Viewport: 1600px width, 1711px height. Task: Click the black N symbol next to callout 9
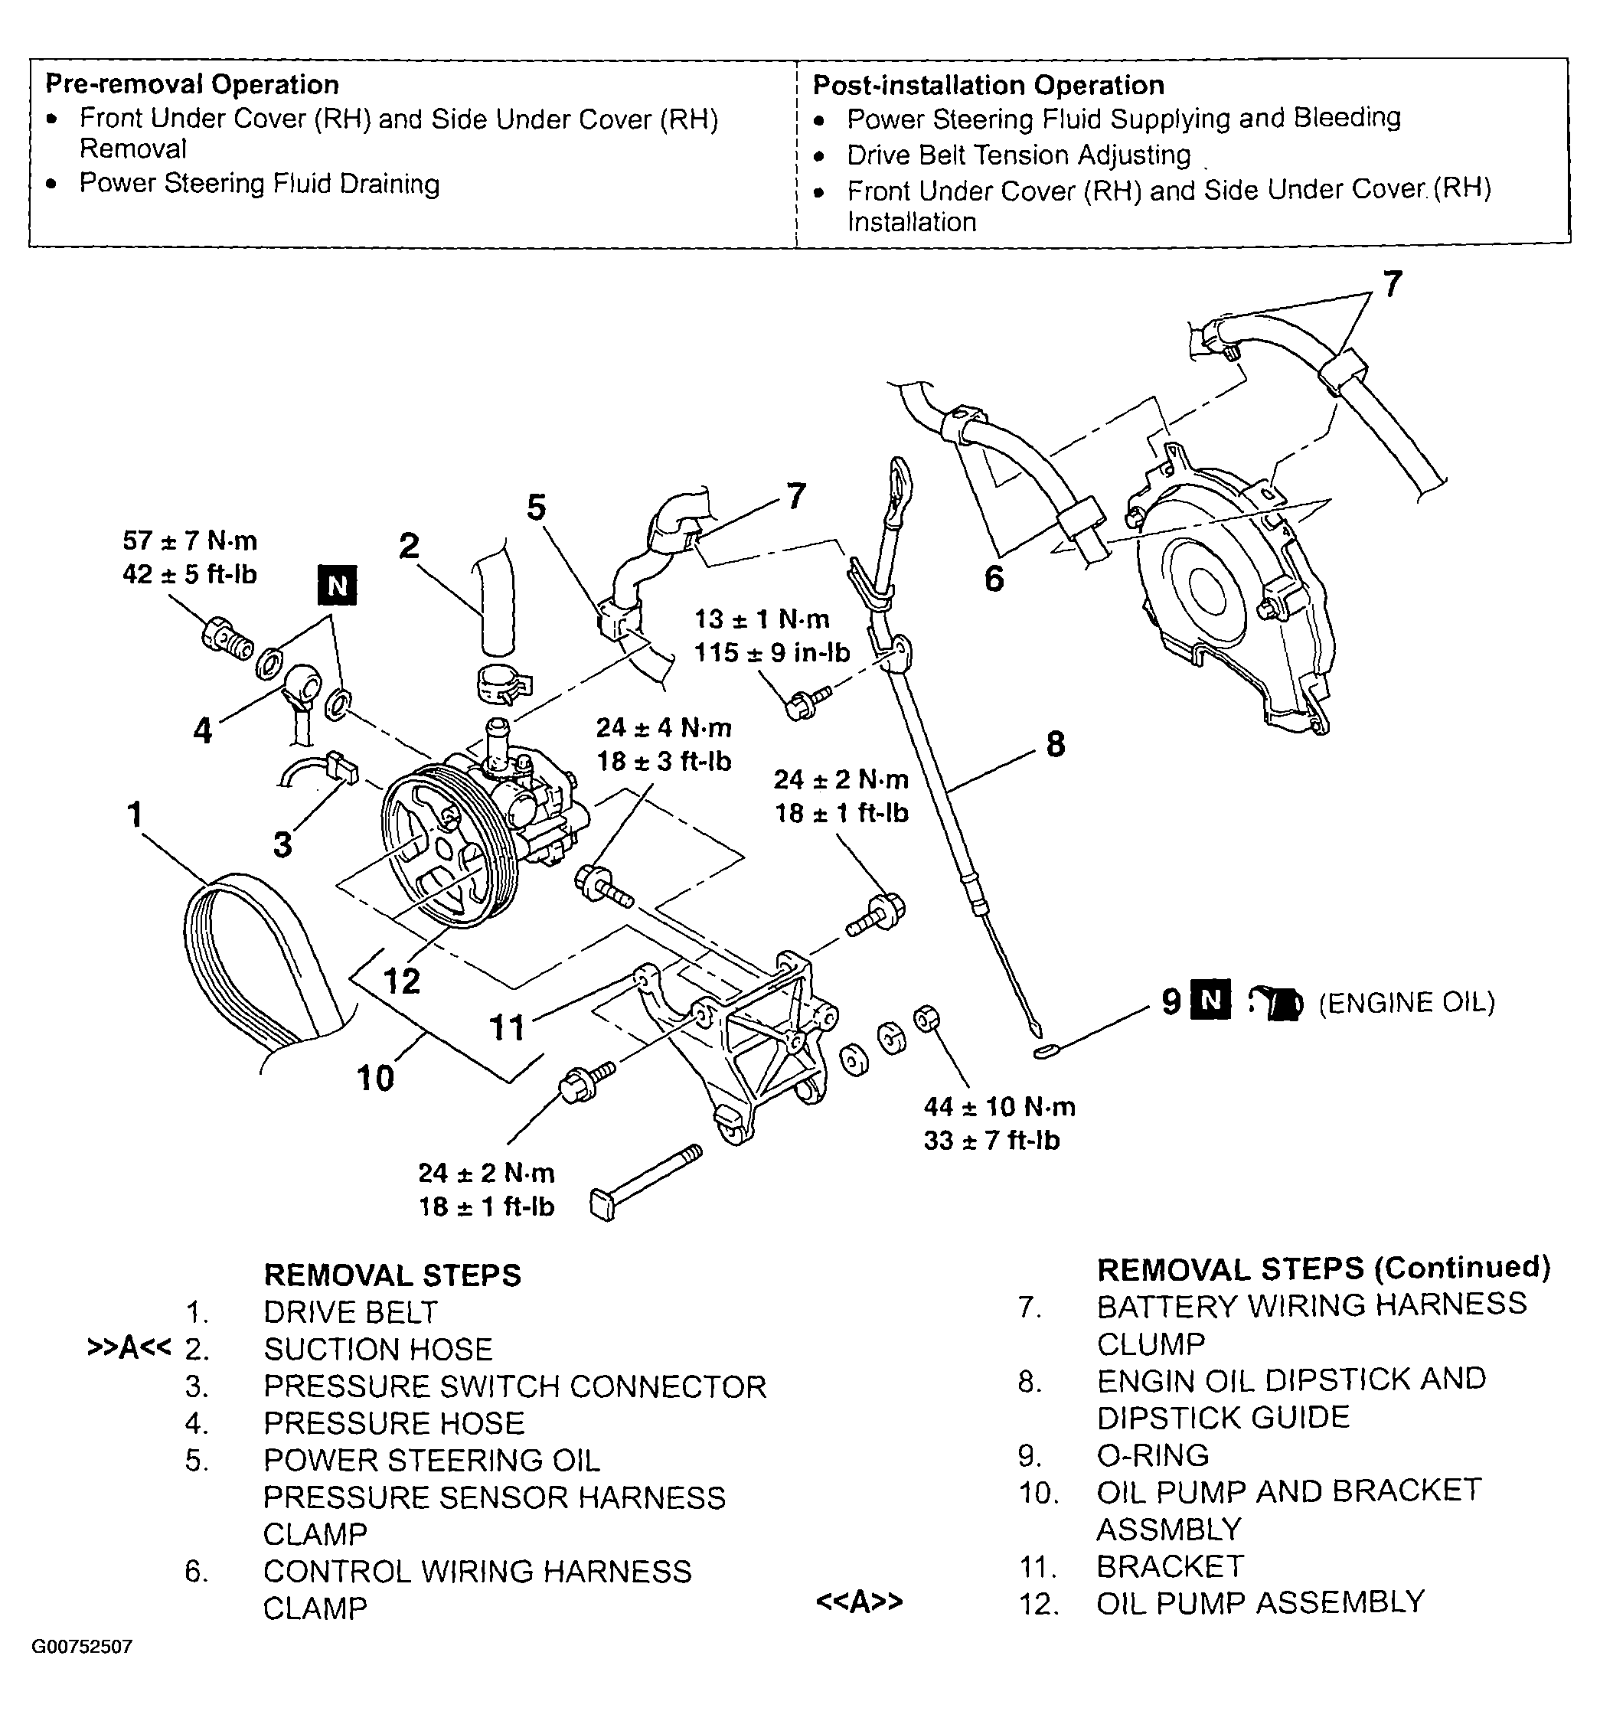point(1210,1000)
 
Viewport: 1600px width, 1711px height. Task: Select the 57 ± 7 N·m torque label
point(189,540)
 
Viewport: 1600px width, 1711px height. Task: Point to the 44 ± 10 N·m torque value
point(999,1107)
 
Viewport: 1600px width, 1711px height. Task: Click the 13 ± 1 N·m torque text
point(762,619)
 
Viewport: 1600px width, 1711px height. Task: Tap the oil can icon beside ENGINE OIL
point(1277,1003)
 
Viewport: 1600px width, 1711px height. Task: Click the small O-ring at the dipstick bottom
point(1043,1051)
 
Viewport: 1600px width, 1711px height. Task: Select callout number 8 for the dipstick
point(1055,743)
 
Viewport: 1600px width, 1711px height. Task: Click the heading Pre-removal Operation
point(192,84)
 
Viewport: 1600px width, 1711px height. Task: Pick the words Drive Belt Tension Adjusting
point(1018,155)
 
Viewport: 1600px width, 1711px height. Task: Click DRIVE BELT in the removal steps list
point(351,1311)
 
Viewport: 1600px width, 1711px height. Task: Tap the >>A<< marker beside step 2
point(129,1348)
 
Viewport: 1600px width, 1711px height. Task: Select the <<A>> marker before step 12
point(859,1602)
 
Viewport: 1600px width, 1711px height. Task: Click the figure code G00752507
point(82,1647)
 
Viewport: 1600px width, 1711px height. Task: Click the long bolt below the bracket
point(645,1180)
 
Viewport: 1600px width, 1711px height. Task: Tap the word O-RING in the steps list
point(1152,1455)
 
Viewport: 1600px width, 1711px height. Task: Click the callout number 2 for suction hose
point(409,546)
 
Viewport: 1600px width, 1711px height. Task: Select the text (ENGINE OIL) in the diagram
point(1406,1003)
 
